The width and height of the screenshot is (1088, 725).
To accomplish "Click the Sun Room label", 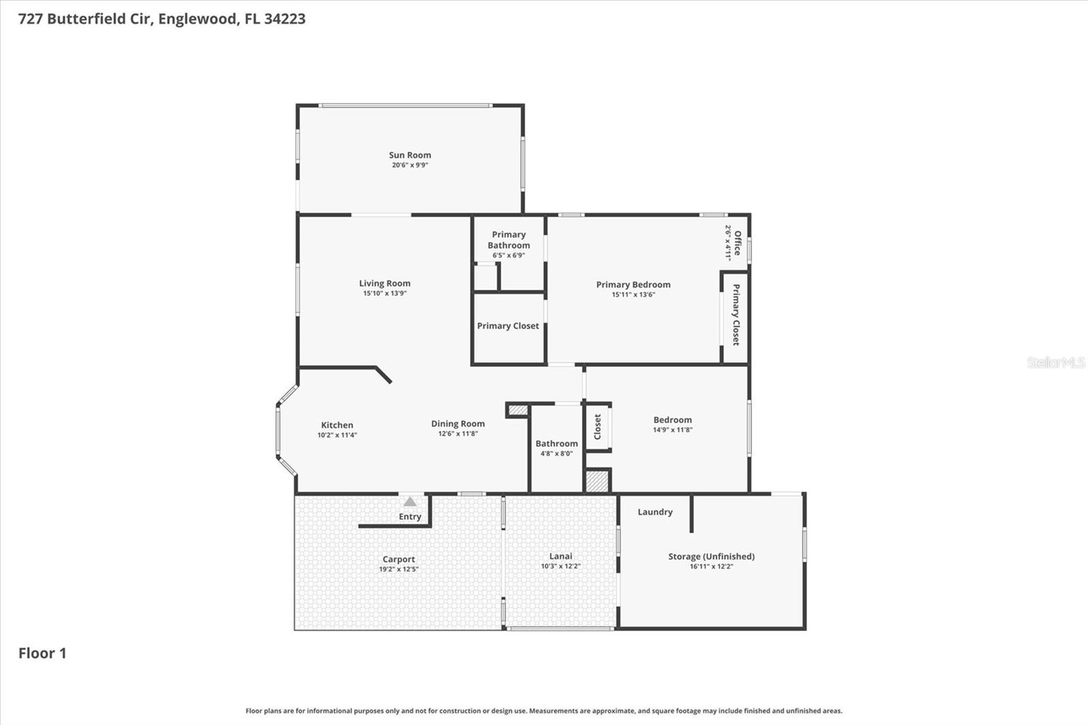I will coord(409,155).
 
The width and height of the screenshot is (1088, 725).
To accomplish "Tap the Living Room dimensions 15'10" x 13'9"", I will coord(384,294).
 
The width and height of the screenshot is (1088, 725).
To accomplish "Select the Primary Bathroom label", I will coord(509,240).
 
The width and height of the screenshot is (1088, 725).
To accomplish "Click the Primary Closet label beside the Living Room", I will coord(508,326).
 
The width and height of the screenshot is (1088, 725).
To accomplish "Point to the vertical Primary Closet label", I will coord(736,315).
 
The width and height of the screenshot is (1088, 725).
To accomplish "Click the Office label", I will coord(738,243).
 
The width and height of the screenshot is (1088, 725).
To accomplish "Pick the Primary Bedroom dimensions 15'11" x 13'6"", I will coord(633,295).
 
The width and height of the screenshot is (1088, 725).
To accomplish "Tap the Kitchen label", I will coord(337,425).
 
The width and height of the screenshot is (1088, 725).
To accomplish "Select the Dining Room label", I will coord(458,424).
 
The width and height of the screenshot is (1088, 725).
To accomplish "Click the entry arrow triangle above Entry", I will coord(409,502).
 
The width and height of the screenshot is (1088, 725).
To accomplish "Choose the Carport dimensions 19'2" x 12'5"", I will coord(398,569).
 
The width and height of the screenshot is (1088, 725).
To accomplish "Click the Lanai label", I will coord(560,556).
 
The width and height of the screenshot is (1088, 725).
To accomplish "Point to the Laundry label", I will coord(655,512).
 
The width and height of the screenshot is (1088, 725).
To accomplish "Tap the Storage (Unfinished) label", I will coord(711,556).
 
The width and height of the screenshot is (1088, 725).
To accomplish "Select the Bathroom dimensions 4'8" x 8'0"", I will coord(556,454).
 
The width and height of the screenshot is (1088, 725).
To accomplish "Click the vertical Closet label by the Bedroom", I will coord(598,427).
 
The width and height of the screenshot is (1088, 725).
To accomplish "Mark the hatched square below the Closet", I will coord(596,481).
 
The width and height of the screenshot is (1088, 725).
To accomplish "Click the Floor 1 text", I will coord(42,653).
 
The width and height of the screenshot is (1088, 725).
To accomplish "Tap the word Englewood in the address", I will coord(198,19).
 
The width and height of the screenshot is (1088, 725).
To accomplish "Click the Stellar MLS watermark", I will coord(1055,362).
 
